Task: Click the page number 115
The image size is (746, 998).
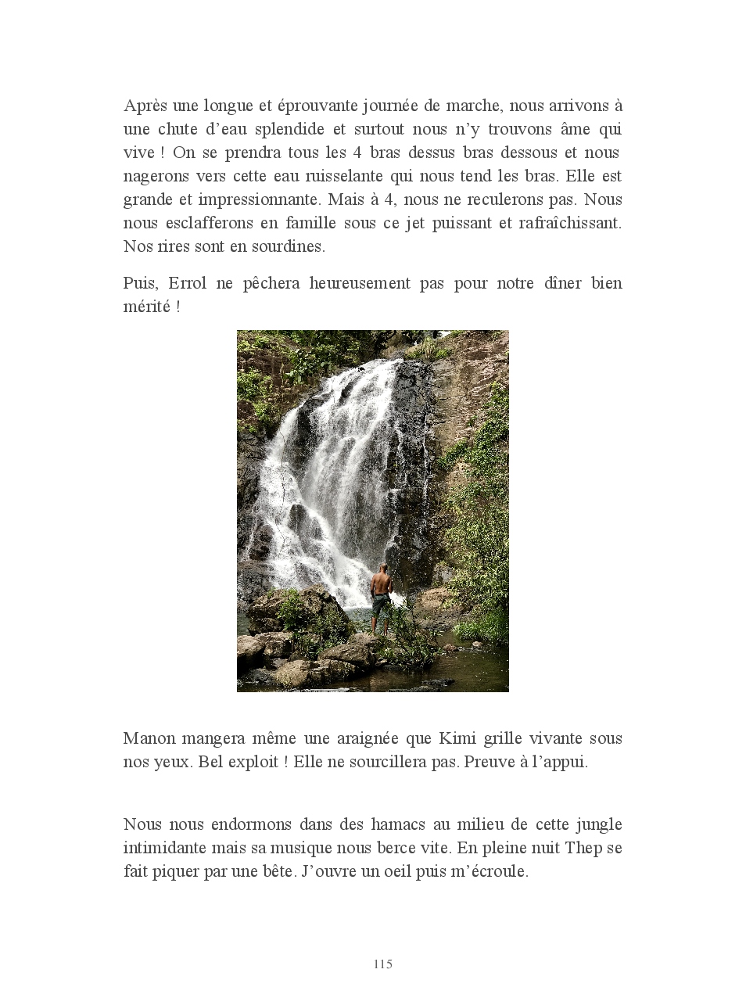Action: point(382,964)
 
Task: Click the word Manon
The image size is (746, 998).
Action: point(149,738)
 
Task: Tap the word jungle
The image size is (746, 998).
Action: point(598,825)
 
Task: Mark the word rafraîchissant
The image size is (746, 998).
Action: point(570,223)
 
